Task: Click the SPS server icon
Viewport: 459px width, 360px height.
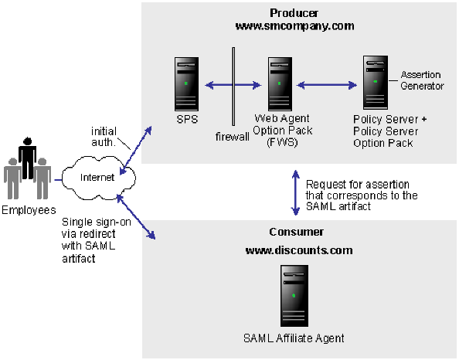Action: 187,83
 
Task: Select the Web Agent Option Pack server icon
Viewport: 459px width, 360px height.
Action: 279,83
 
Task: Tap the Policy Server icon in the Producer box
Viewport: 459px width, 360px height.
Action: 376,83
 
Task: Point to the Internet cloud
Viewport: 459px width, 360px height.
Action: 97,178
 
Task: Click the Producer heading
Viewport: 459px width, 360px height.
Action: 294,13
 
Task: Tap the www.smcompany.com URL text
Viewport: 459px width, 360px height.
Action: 294,25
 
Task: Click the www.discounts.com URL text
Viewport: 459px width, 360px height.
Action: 294,250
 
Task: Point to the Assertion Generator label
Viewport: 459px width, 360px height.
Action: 422,80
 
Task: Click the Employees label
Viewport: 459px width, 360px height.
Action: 28,210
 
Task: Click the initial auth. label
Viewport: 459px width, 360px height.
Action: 104,136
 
